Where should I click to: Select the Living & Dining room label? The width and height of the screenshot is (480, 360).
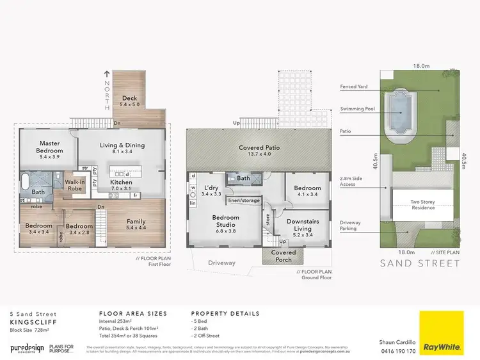(x=122, y=149)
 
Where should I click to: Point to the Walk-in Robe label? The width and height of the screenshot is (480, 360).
(x=75, y=186)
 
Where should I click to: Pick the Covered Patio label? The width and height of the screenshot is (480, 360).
(x=260, y=151)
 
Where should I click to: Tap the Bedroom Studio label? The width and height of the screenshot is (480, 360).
(x=225, y=221)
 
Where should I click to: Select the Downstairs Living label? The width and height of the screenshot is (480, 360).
(x=298, y=224)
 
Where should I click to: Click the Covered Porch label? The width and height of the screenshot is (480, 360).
(x=284, y=256)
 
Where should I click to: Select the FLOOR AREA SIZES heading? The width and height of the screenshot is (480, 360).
(x=132, y=314)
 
